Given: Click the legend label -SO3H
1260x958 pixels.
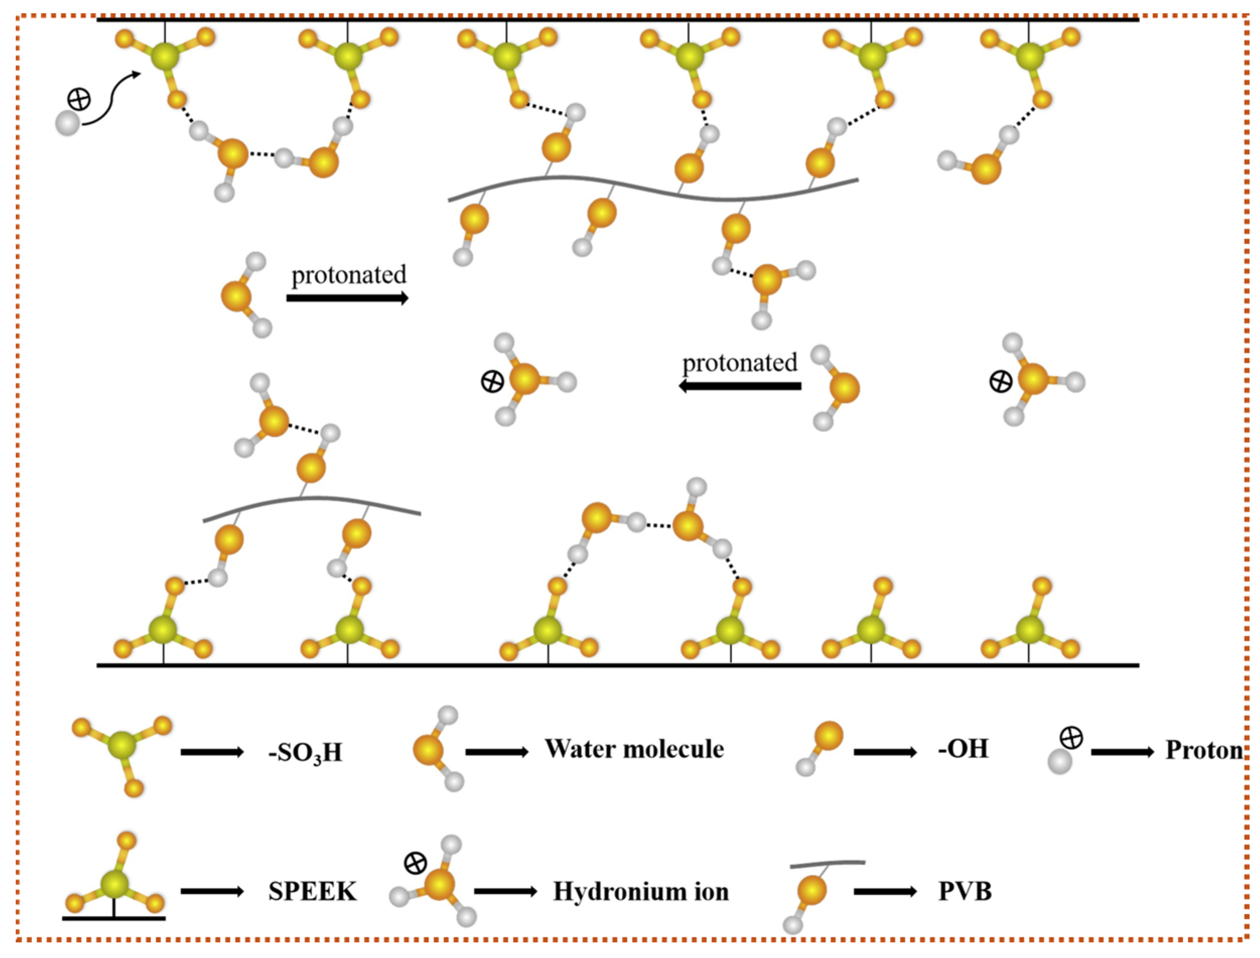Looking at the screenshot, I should coord(306,752).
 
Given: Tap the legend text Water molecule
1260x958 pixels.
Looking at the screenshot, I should coord(634,749).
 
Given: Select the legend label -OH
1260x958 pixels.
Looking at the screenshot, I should coord(963,749).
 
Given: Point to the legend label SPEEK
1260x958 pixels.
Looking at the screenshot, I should coord(312,892).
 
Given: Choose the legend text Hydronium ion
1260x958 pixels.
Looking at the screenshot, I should coord(641,892).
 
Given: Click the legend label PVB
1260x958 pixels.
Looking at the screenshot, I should coord(965,892).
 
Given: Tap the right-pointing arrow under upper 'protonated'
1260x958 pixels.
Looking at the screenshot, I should coord(347,298).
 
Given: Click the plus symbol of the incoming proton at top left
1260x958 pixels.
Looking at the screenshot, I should coord(79,99).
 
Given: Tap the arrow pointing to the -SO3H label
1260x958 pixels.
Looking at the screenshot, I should coord(212,752).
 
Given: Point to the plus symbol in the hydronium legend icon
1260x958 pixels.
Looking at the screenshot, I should coord(415,863).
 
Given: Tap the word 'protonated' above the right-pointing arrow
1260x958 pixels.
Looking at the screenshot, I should coord(349,275).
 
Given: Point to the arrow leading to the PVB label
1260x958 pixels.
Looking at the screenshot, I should coord(885,892).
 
